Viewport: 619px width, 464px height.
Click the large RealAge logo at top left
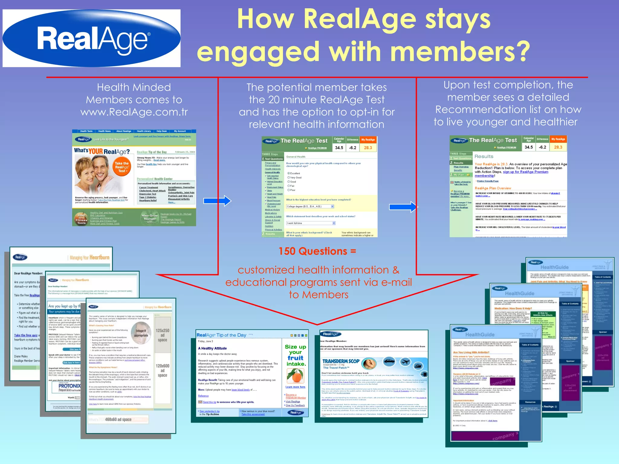point(92,38)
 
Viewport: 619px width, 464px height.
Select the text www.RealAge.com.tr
point(134,112)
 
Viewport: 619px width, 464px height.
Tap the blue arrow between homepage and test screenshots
point(217,201)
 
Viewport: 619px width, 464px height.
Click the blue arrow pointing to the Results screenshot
point(403,207)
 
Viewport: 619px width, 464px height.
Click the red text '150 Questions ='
point(317,251)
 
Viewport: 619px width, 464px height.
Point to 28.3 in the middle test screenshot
point(368,148)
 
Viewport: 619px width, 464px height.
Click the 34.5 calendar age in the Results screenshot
point(529,147)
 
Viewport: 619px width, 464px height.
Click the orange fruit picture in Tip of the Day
point(295,376)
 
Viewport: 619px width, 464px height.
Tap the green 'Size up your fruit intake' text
point(295,355)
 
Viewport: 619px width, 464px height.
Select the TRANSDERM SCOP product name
point(341,361)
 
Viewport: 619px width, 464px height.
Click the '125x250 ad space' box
point(162,335)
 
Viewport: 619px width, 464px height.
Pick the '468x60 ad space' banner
point(118,419)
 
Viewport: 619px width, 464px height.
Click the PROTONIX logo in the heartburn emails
point(69,386)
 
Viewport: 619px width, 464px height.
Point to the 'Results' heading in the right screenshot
point(484,156)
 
